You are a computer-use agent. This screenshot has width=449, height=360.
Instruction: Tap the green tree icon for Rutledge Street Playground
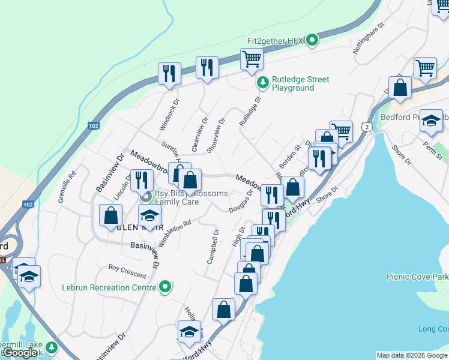coord(261,82)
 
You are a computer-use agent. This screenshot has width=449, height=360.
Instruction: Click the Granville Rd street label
coord(66,187)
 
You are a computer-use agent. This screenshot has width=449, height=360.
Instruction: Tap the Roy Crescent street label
coord(127,271)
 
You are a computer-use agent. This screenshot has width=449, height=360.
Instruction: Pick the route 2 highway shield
coord(366,126)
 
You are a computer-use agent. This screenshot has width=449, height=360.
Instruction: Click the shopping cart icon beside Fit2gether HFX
coord(252,59)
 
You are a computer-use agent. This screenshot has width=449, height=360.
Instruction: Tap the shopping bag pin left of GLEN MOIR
coord(110,215)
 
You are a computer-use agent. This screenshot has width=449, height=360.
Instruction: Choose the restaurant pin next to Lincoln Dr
coord(142,180)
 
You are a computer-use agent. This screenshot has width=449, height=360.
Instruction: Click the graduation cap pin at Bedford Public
coord(431,121)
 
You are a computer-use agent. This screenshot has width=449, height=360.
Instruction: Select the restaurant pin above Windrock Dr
coord(169,73)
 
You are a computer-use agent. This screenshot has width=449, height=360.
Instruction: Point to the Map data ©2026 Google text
coord(411,355)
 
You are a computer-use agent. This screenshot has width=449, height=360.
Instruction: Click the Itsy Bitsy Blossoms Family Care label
coord(191,197)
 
